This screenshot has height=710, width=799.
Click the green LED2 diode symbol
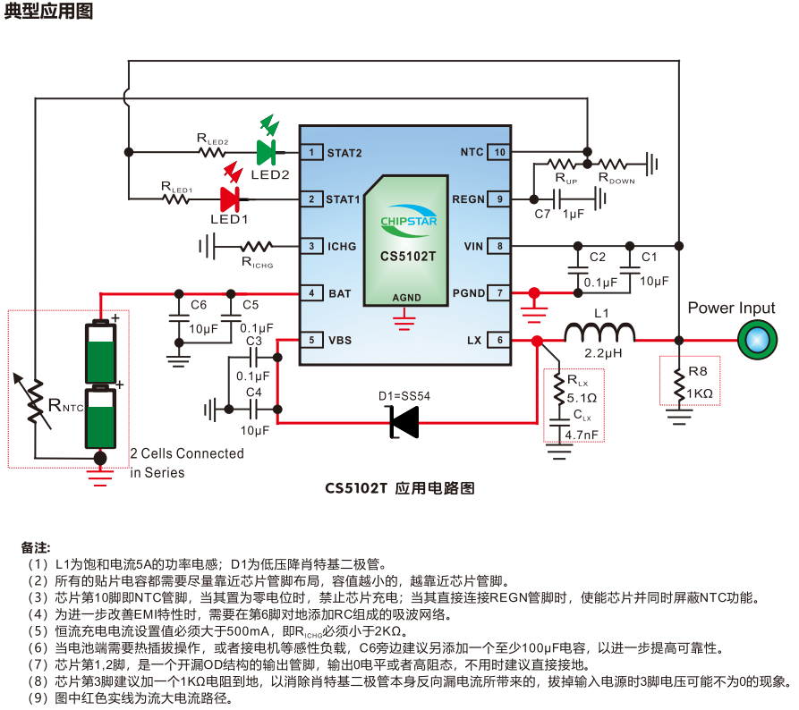click(x=268, y=152)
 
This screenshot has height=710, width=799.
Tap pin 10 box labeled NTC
click(x=499, y=152)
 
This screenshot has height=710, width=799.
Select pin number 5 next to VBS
click(x=310, y=340)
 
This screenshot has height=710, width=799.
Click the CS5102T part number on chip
click(x=408, y=256)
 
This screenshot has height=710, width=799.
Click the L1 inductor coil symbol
click(x=600, y=333)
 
